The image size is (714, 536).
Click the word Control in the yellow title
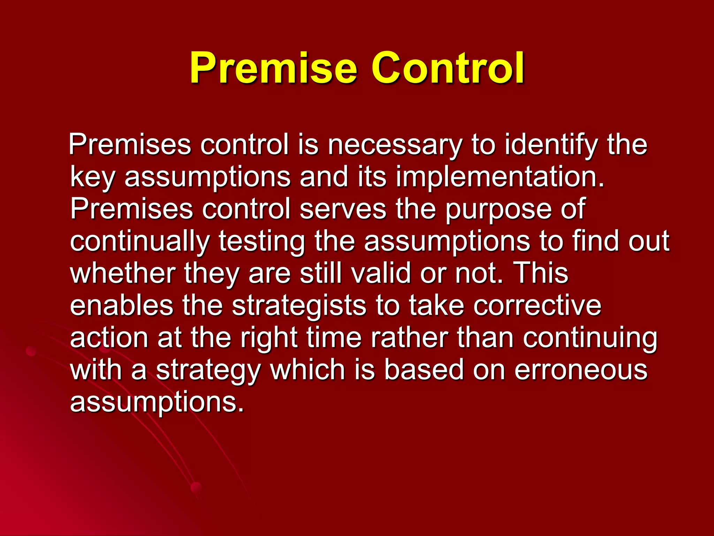[448, 68]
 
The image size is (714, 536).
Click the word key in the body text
[92, 177]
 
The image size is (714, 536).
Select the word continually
[140, 241]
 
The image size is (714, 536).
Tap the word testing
[261, 241]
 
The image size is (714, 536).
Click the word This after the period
[540, 273]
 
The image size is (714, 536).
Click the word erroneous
[581, 370]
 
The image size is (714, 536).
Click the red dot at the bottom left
[196, 487]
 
